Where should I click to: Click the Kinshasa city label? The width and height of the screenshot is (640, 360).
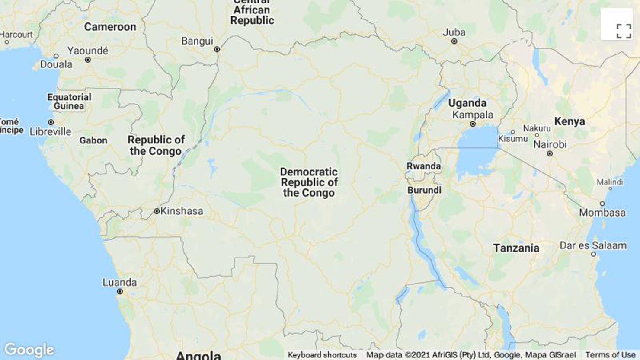click(181, 211)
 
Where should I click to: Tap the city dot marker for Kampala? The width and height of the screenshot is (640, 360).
click(473, 124)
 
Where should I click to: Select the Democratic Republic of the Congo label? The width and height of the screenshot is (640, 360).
click(309, 182)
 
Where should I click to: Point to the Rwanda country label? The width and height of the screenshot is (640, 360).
click(423, 166)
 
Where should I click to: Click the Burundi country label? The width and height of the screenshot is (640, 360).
click(424, 190)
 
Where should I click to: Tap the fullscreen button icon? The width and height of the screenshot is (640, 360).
click(624, 31)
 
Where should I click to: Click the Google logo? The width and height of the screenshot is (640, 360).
click(29, 350)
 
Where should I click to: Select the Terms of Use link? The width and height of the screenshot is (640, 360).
click(610, 355)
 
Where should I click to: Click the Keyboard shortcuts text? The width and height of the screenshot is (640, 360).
click(322, 355)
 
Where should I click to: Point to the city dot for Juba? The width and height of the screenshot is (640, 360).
click(454, 41)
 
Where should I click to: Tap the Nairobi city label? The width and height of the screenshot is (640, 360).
click(550, 144)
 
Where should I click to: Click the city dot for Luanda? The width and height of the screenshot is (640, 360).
click(120, 292)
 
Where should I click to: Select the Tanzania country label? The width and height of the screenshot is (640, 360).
click(516, 248)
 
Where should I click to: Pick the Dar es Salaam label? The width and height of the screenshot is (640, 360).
click(593, 245)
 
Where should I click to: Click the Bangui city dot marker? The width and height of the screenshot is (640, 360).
click(217, 49)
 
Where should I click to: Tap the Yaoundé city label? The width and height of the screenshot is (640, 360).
click(88, 51)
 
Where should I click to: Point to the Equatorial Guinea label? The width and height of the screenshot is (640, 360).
click(69, 102)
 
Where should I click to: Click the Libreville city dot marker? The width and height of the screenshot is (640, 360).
click(51, 122)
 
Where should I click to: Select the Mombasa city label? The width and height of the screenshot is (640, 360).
click(602, 213)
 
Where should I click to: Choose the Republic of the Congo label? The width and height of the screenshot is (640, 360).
click(156, 146)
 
